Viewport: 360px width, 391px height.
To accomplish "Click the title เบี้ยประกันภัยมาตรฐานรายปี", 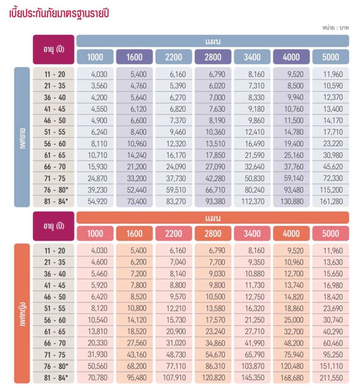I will point(61,13).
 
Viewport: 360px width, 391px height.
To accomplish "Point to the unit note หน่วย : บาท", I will point(335,28).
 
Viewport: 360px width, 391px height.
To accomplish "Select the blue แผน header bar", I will point(212,41).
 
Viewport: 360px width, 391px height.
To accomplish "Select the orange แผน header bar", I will point(212,218).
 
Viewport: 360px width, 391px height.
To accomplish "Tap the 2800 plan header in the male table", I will point(212,57).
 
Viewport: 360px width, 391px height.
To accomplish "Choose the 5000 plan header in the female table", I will point(330,234).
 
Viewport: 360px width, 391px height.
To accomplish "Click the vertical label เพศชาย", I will point(22,137).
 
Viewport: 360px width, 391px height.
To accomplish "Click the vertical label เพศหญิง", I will point(22,313).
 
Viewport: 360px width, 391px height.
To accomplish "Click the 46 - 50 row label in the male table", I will point(54,120).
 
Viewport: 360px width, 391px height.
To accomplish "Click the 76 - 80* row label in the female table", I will point(54,366).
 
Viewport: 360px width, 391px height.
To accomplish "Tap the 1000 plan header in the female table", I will point(95,234).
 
